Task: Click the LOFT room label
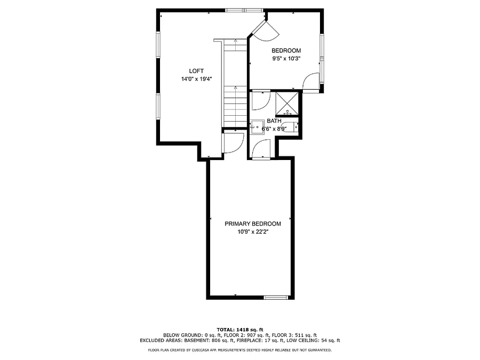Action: pyautogui.click(x=196, y=71)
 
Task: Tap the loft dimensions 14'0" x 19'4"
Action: pyautogui.click(x=196, y=79)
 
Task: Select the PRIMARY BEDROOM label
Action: pyautogui.click(x=253, y=224)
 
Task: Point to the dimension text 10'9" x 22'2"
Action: pyautogui.click(x=253, y=232)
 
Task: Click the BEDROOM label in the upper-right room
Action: pyautogui.click(x=286, y=51)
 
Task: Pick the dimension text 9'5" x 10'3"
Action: pyautogui.click(x=286, y=59)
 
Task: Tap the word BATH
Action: pyautogui.click(x=274, y=121)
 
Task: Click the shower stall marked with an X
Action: pyautogui.click(x=287, y=103)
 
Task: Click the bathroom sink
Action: pyautogui.click(x=257, y=127)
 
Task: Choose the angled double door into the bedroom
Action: pyautogui.click(x=265, y=31)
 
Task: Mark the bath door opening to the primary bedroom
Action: pyautogui.click(x=262, y=149)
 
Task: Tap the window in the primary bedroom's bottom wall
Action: pyautogui.click(x=276, y=297)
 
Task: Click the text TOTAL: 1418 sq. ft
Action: pyautogui.click(x=240, y=330)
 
